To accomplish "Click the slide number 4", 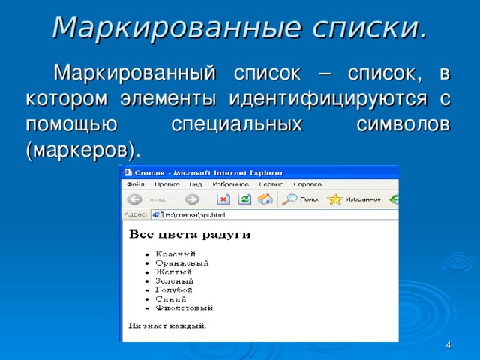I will [448, 344].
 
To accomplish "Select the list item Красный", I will [175, 253].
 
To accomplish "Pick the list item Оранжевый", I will [181, 262].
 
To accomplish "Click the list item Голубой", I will [174, 289].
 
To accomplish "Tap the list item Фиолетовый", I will [184, 307].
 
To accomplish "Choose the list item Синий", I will [170, 298].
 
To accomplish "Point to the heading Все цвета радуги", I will [190, 235].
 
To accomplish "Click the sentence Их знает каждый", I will [167, 325].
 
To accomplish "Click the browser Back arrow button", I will [136, 199].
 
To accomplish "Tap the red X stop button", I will [223, 199].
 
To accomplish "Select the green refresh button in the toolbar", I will [244, 199].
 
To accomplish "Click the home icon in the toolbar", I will [265, 199].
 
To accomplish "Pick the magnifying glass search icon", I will [289, 199].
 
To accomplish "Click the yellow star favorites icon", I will [335, 199].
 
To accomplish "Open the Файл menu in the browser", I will [136, 184].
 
